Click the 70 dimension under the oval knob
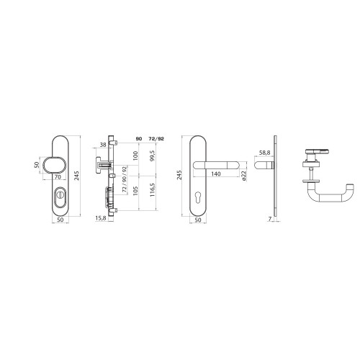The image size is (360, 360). tap(58, 177)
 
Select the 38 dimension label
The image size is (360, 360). tap(103, 145)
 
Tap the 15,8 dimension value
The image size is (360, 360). tap(101, 218)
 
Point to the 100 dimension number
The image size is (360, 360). tap(135, 156)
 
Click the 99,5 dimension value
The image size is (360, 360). tap(153, 156)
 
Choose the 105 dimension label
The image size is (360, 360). tap(135, 191)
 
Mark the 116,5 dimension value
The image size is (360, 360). tap(153, 190)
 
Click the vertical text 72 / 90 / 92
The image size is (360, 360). tap(124, 179)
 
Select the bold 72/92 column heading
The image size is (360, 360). tap(156, 139)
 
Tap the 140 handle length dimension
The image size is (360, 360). tap(216, 174)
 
